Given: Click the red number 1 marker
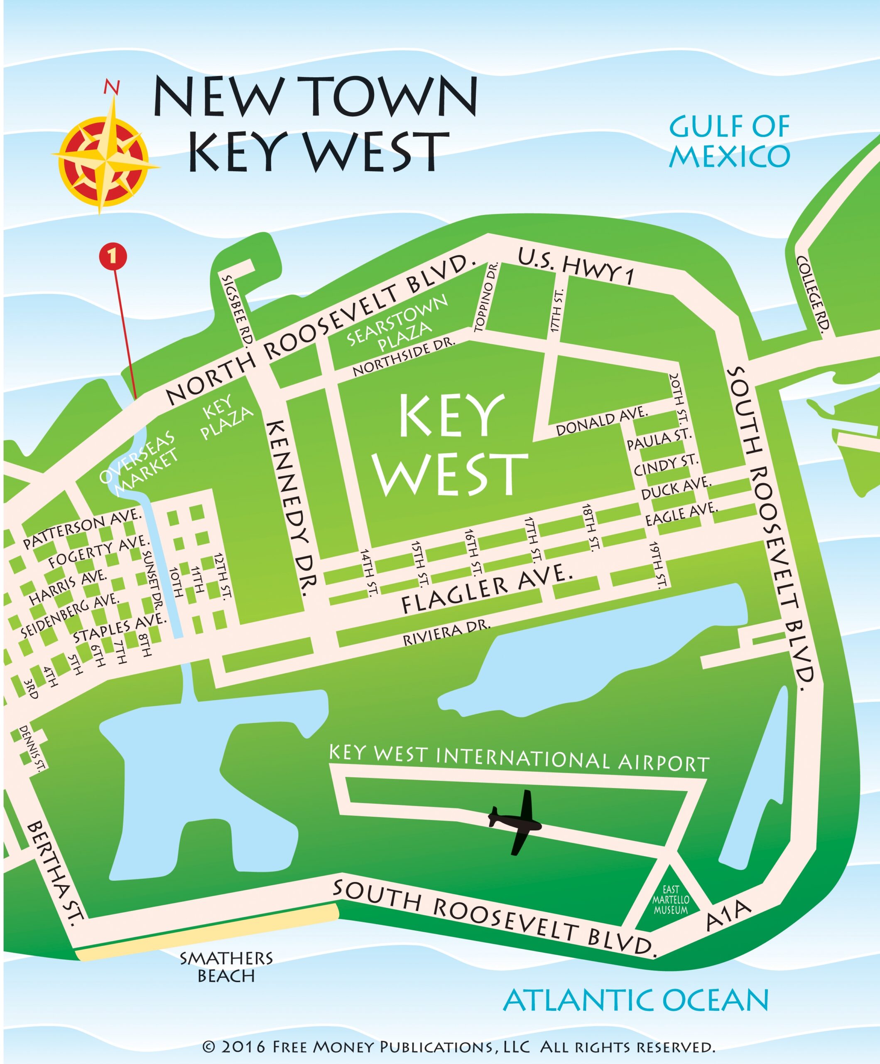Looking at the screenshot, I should [x=113, y=256].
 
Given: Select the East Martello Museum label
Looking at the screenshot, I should [x=670, y=900].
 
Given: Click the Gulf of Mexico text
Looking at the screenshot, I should [x=729, y=141].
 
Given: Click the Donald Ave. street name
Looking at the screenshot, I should [x=601, y=421].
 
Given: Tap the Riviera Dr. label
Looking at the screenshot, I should [x=446, y=633].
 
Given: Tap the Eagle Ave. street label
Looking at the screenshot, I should [x=681, y=514].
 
